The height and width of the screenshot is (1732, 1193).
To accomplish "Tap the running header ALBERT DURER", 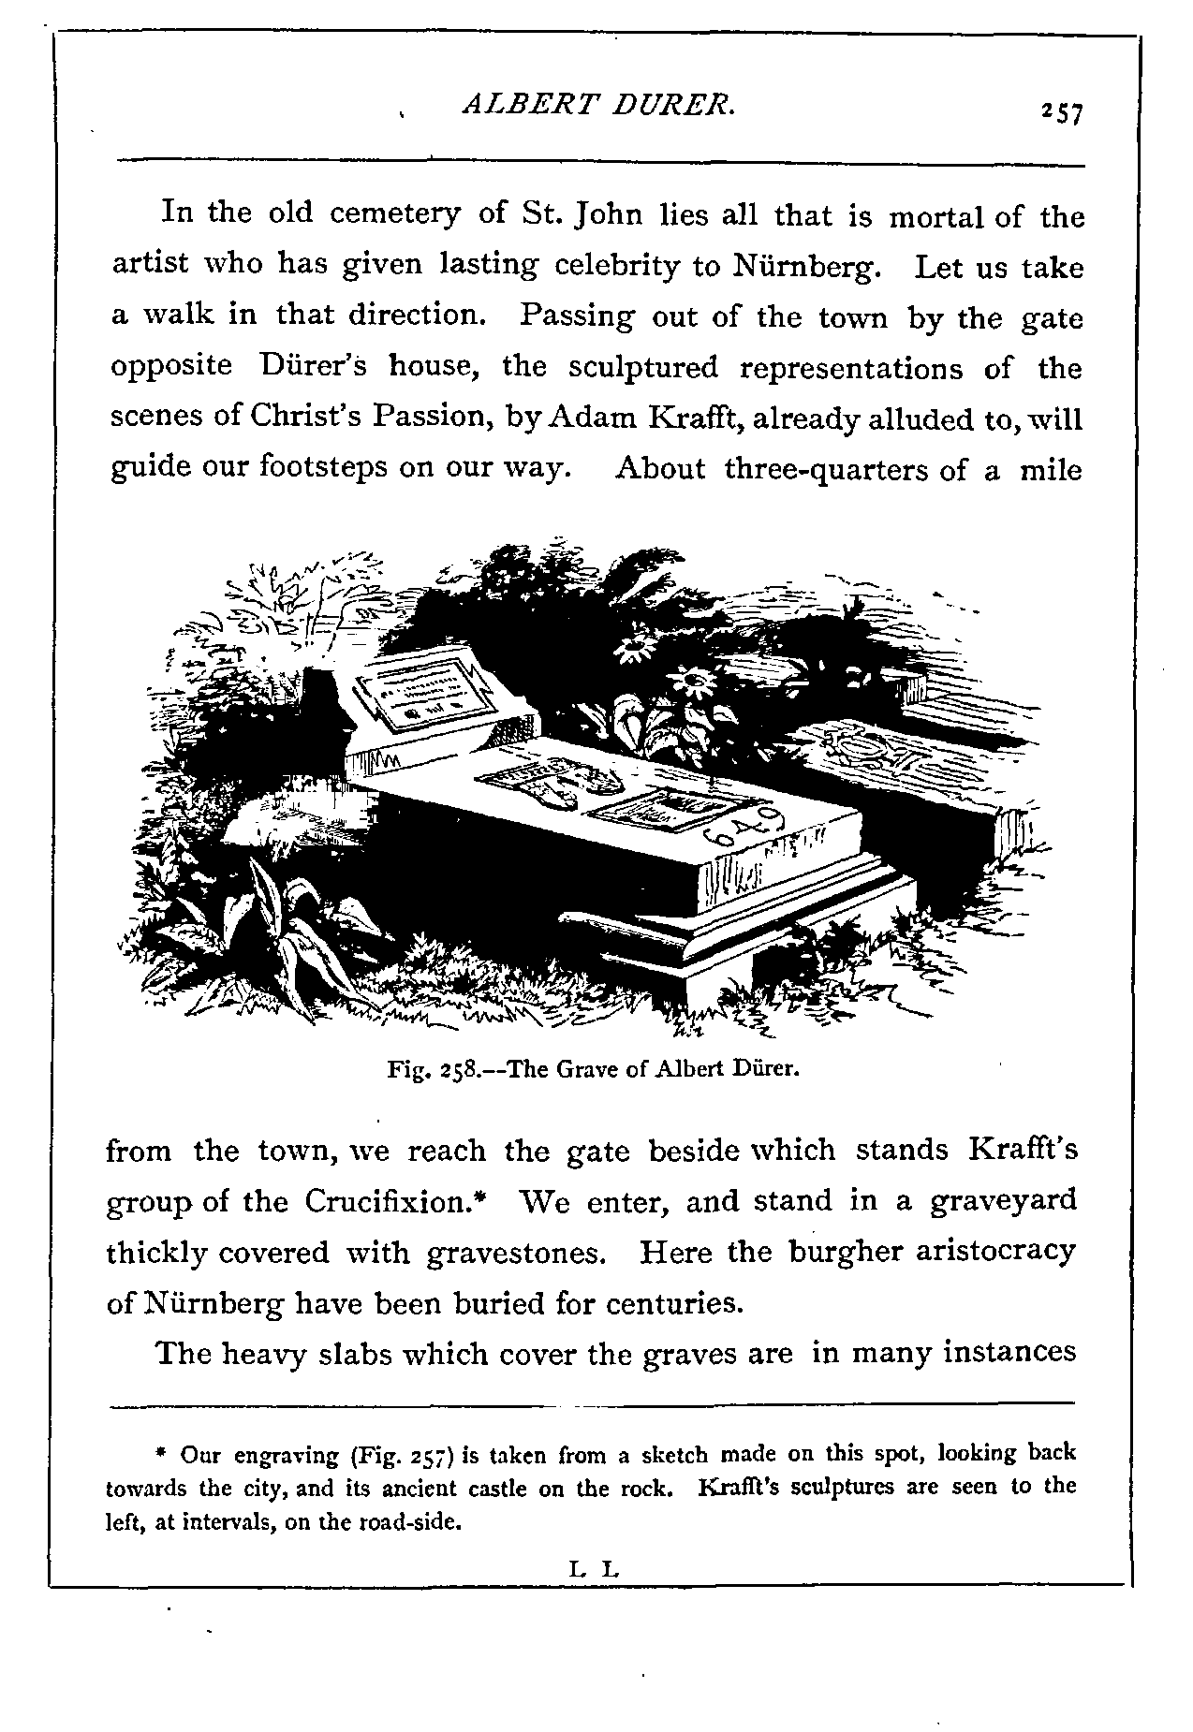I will [599, 108].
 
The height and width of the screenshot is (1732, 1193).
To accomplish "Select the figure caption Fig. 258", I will [593, 1067].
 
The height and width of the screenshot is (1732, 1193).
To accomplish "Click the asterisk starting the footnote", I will [161, 1456].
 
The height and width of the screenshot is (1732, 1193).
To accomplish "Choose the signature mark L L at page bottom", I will [594, 1565].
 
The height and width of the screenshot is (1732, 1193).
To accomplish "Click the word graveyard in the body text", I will [1003, 1201].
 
